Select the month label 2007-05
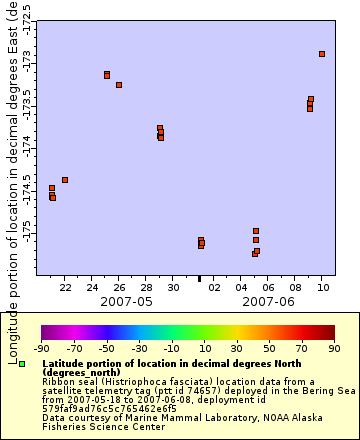pos(126,301)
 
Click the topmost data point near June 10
pos(322,54)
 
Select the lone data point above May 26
pos(119,85)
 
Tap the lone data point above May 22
pos(65,180)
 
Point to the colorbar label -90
pos(42,348)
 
